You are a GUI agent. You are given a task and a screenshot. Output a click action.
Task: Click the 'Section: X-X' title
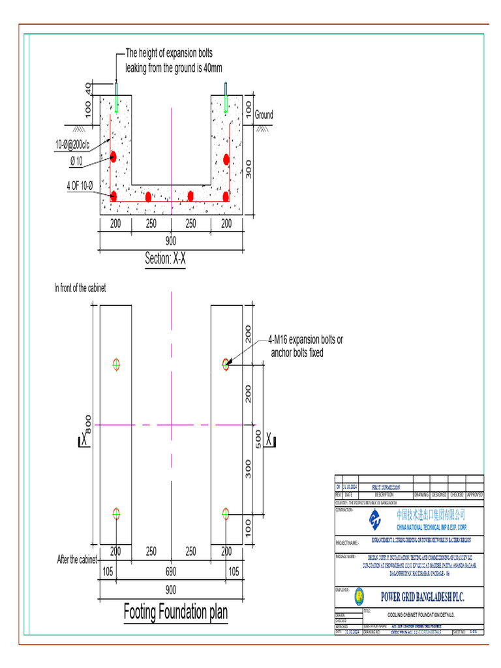pyautogui.click(x=166, y=259)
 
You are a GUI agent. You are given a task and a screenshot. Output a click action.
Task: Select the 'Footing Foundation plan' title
pyautogui.click(x=176, y=612)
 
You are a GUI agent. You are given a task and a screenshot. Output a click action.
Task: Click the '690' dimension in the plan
pyautogui.click(x=171, y=571)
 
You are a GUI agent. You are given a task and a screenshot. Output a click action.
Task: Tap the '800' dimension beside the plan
pyautogui.click(x=89, y=423)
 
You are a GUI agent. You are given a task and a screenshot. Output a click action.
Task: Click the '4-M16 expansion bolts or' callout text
pyautogui.click(x=305, y=340)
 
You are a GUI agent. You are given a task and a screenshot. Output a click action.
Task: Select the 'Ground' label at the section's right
pyautogui.click(x=264, y=115)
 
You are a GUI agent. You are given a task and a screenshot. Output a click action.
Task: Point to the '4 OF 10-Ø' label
pyautogui.click(x=80, y=186)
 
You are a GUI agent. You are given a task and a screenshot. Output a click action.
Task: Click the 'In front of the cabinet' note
pyautogui.click(x=80, y=288)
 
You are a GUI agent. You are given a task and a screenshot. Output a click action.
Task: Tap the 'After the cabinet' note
pyautogui.click(x=77, y=560)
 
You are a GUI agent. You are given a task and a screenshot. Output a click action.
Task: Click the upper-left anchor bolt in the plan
pyautogui.click(x=117, y=364)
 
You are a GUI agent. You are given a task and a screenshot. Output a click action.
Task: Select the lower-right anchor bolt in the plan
pyautogui.click(x=226, y=514)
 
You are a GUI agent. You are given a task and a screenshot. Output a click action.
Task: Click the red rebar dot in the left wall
pyautogui.click(x=114, y=156)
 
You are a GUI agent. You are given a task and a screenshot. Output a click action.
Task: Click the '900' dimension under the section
pyautogui.click(x=171, y=241)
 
